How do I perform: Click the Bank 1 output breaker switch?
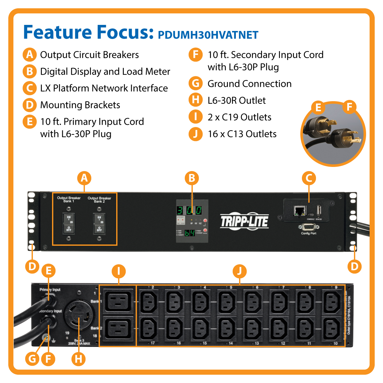click(x=69, y=223)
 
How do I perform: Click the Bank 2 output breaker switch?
click(x=99, y=223)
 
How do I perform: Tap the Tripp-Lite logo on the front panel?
click(x=244, y=221)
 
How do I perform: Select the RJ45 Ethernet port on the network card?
click(x=299, y=211)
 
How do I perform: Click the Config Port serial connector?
click(x=308, y=227)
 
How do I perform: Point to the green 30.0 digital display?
click(x=189, y=210)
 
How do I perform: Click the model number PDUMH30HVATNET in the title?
click(x=208, y=35)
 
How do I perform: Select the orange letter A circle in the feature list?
click(x=29, y=55)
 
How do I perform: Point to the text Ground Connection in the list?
click(x=249, y=84)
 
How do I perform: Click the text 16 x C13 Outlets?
click(x=242, y=134)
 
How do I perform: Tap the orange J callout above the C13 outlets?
click(x=239, y=272)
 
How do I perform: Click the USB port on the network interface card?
click(x=319, y=210)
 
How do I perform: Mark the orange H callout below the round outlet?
click(x=78, y=359)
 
